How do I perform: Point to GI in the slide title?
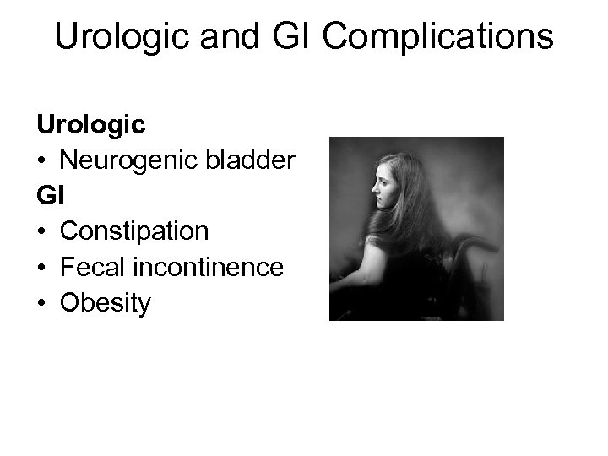pyautogui.click(x=280, y=37)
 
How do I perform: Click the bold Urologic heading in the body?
pyautogui.click(x=90, y=125)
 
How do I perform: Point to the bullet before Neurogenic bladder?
pyautogui.click(x=42, y=161)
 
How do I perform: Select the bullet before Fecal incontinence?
pyautogui.click(x=42, y=268)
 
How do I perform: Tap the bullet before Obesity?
pyautogui.click(x=42, y=303)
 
